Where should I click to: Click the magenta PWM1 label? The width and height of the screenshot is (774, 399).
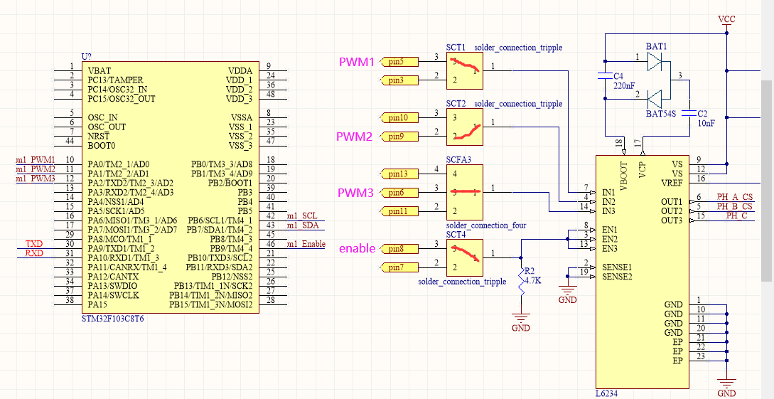tap(355, 63)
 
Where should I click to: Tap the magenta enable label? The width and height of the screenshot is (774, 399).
tap(356, 249)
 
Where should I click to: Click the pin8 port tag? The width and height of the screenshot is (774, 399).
tap(395, 249)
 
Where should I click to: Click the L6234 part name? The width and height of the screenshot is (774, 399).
tap(606, 393)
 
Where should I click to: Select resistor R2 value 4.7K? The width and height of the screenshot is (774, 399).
tap(533, 280)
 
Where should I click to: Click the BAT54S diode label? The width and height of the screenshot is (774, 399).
tap(661, 113)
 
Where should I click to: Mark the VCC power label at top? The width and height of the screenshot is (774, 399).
tap(726, 18)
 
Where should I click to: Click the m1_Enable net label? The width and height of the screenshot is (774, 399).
tap(306, 244)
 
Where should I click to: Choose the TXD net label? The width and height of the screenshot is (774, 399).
tap(34, 244)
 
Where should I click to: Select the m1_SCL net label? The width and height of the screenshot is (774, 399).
tap(302, 216)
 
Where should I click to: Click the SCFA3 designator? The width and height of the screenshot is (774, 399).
tap(458, 160)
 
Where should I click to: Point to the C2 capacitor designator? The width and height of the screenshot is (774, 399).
tap(702, 114)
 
